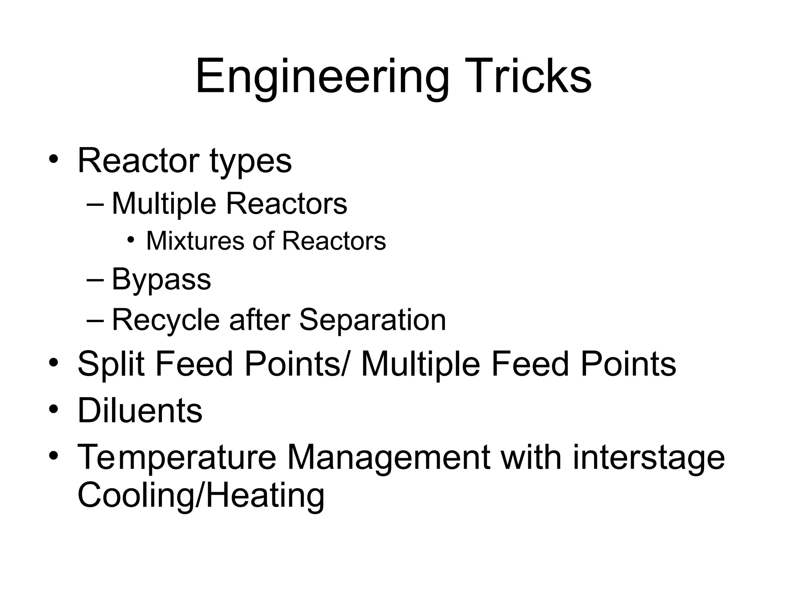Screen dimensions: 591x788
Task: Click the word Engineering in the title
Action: click(322, 77)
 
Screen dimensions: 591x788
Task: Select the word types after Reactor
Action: click(250, 162)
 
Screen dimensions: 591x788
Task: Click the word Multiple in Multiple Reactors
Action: click(164, 204)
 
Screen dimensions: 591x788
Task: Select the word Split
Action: click(111, 364)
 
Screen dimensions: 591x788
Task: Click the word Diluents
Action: click(140, 411)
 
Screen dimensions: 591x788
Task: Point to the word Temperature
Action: click(177, 458)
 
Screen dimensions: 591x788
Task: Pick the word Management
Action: click(389, 458)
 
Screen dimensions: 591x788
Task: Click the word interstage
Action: click(649, 458)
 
